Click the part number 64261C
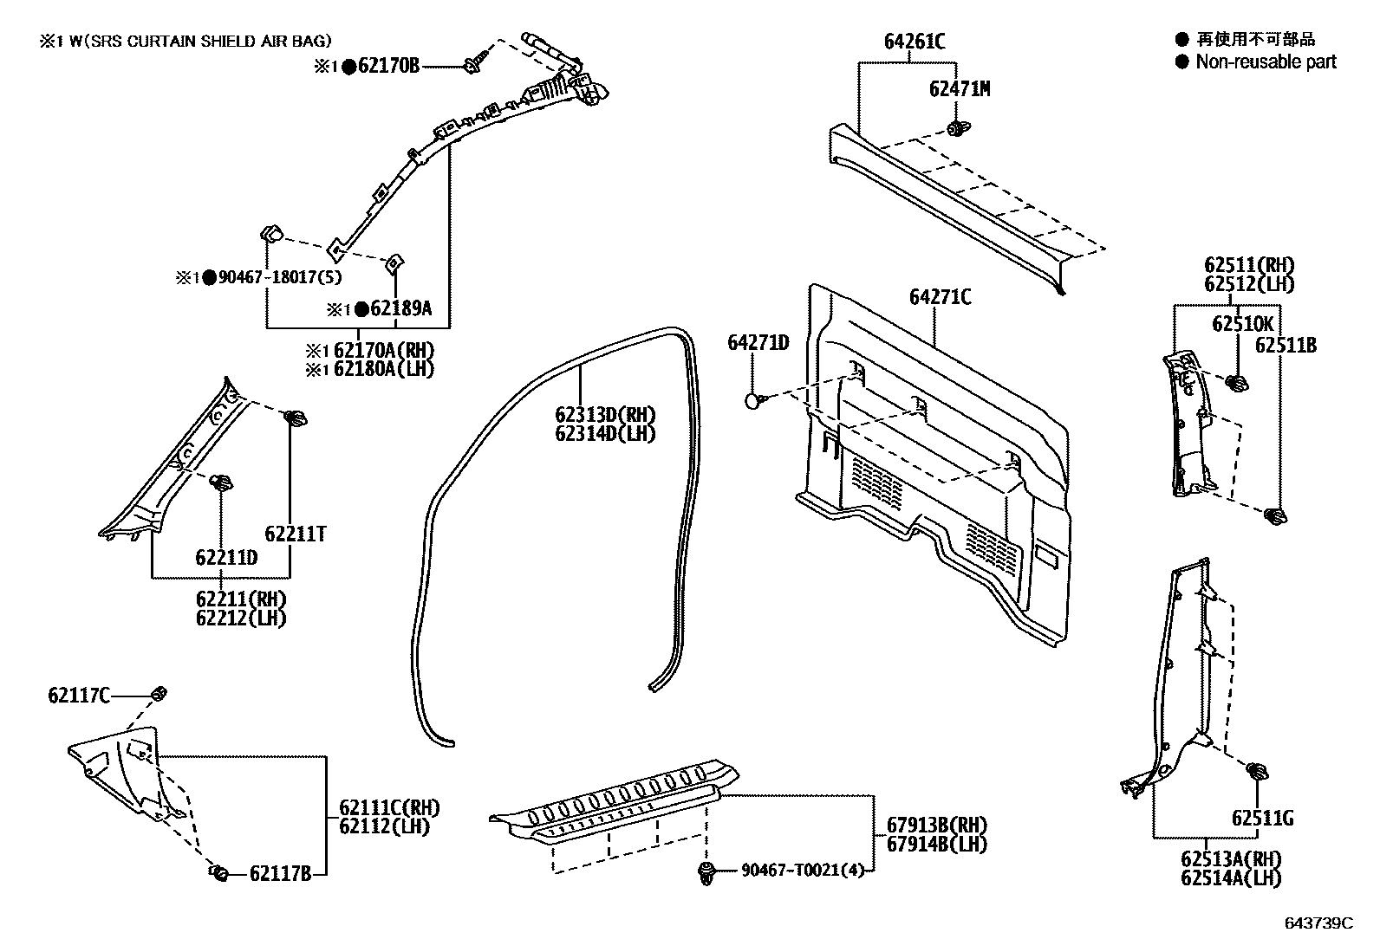click(914, 42)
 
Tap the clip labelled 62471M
click(957, 130)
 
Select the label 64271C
click(940, 298)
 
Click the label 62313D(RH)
click(605, 415)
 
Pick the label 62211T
click(296, 534)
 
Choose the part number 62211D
click(226, 558)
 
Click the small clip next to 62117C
click(159, 693)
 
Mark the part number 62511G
click(1262, 818)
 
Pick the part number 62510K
click(1242, 324)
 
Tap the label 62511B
click(1286, 346)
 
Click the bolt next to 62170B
click(474, 64)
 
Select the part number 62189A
click(400, 309)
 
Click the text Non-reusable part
click(1266, 62)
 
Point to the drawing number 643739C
click(1318, 923)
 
